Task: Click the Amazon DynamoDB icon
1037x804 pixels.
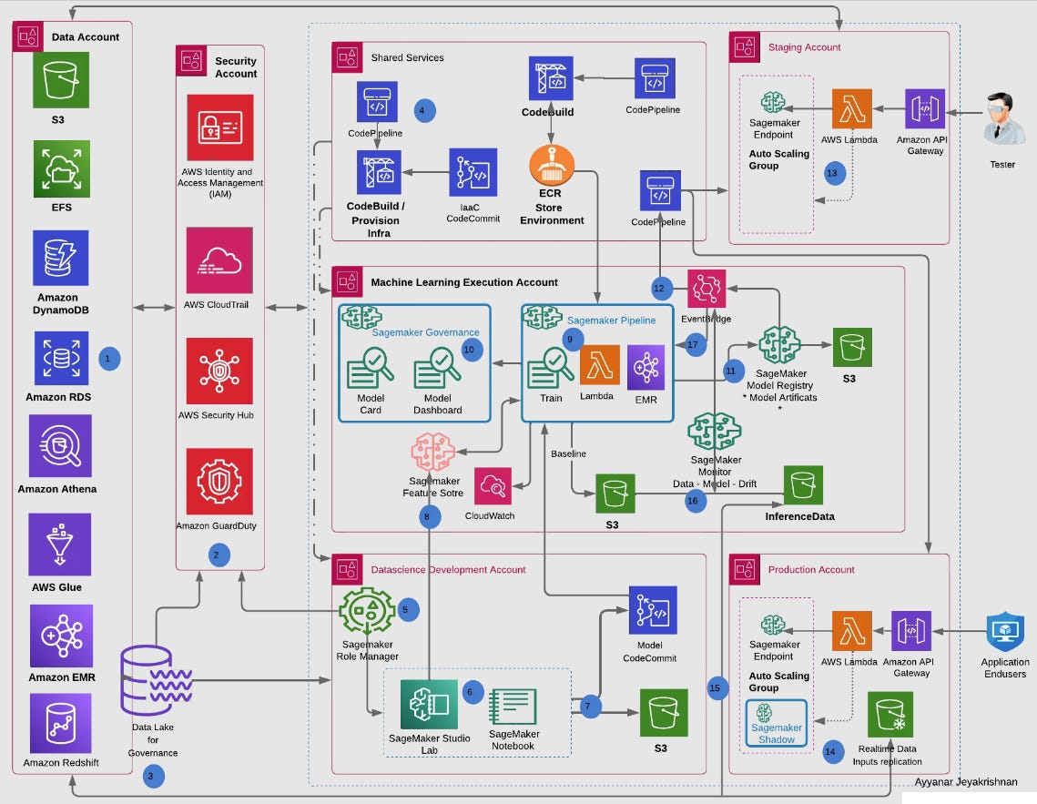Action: (x=60, y=257)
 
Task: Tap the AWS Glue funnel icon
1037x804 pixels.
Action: (x=60, y=544)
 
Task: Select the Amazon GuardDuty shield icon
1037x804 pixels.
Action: (x=219, y=481)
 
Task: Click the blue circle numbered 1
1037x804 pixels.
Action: (x=108, y=359)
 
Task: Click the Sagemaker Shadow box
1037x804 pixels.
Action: (x=778, y=722)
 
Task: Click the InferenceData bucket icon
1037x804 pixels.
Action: (x=803, y=485)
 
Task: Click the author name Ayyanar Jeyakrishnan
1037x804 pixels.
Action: (x=965, y=781)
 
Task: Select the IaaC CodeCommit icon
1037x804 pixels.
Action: (x=473, y=172)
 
